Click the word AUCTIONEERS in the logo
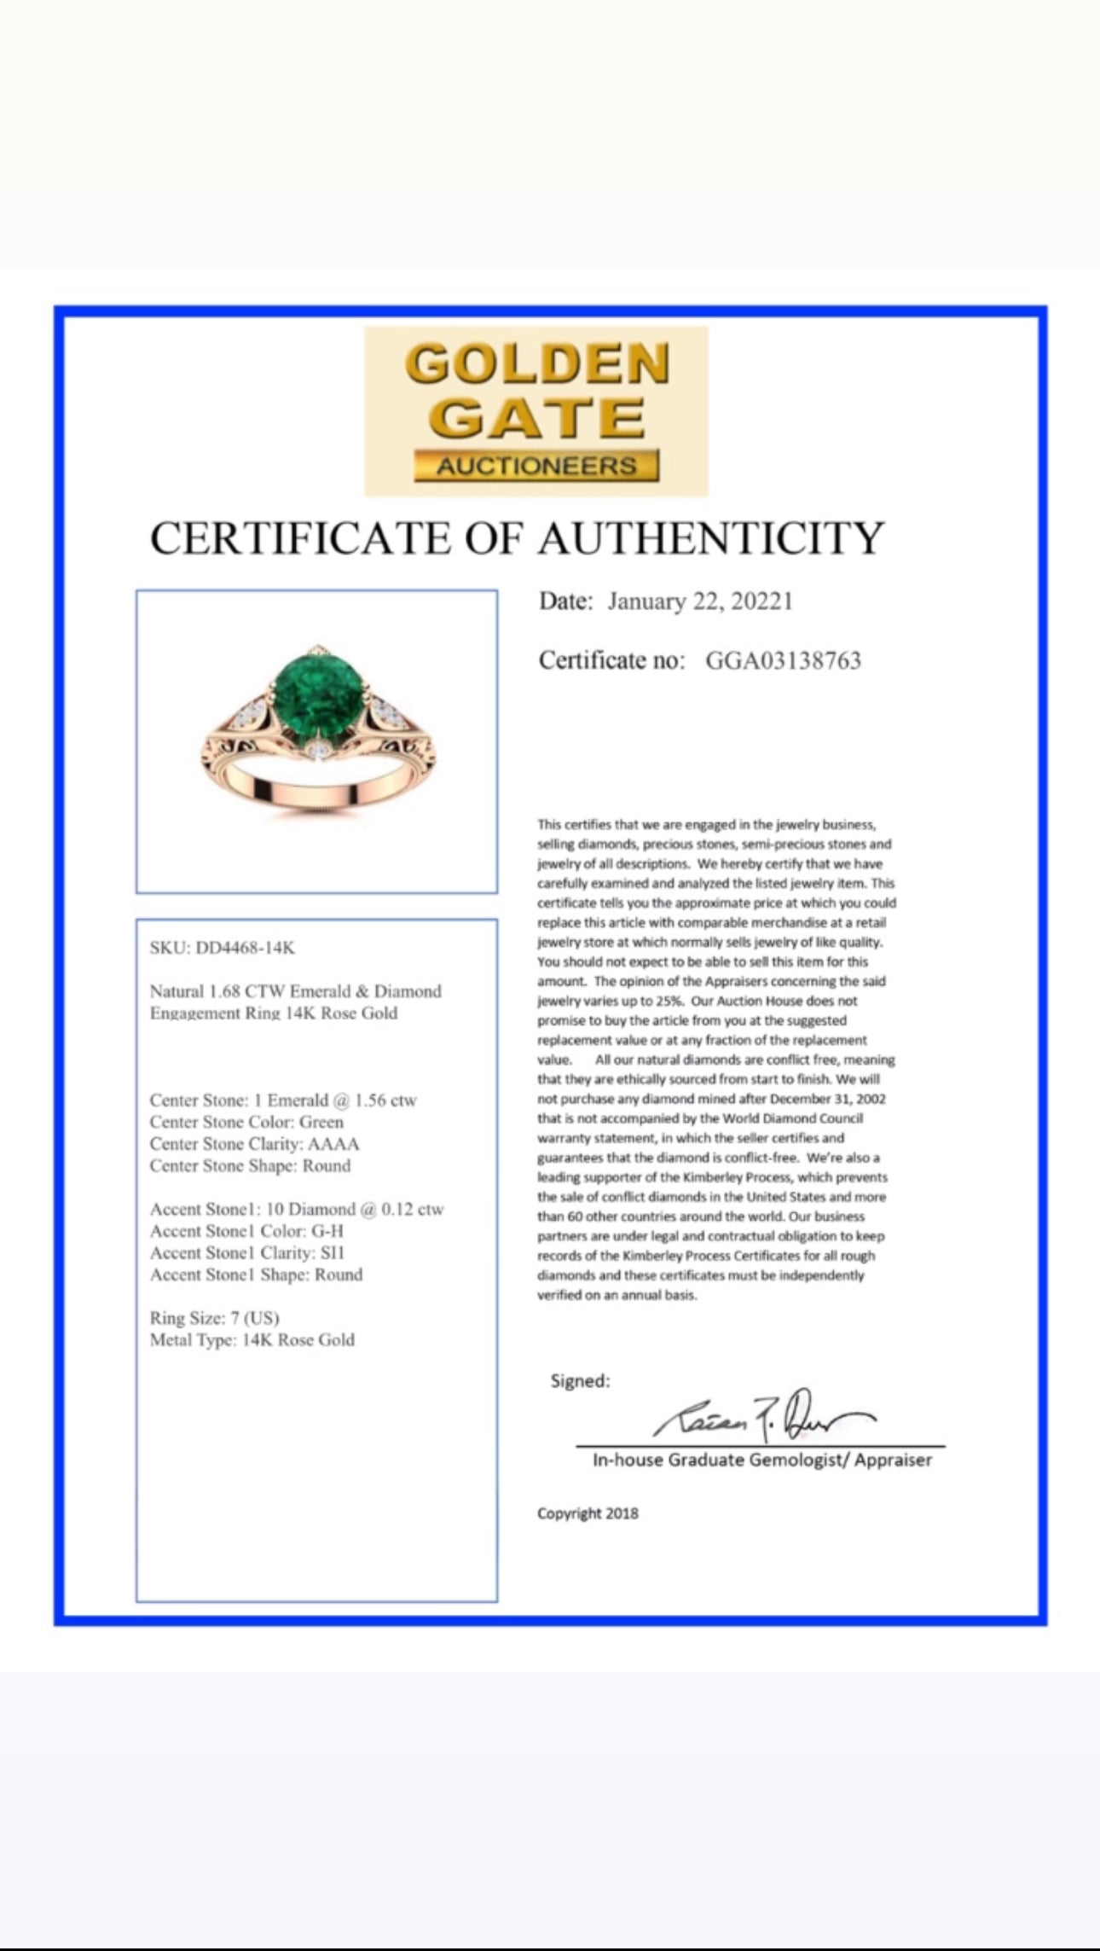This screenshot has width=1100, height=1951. click(x=536, y=466)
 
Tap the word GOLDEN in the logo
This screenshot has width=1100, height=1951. click(x=537, y=364)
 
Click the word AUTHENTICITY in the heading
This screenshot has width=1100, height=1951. click(x=711, y=539)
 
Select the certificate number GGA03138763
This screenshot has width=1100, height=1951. click(x=783, y=660)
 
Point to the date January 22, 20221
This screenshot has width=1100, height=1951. click(x=700, y=602)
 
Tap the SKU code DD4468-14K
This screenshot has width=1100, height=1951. click(x=246, y=948)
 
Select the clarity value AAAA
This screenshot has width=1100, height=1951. click(x=333, y=1144)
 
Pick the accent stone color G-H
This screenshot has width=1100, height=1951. click(x=327, y=1231)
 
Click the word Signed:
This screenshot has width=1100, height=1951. click(x=580, y=1381)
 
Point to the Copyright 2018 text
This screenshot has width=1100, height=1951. click(x=588, y=1513)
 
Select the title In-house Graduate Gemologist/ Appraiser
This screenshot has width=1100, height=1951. click(x=761, y=1460)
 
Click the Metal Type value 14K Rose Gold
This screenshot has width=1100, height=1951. click(x=298, y=1340)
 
